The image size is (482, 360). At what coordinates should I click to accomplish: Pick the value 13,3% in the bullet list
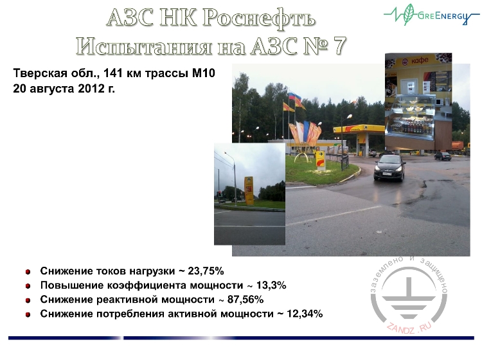tap(267, 285)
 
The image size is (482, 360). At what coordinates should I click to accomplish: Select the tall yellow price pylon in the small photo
tap(249, 190)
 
